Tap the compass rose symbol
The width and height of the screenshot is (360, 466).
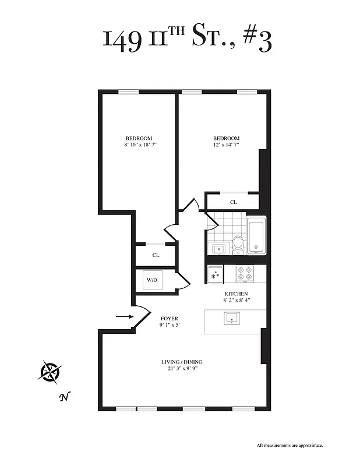pos(50,371)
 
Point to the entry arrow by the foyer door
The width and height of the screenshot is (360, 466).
pos(123,317)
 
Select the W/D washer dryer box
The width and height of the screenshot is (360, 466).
pos(152,280)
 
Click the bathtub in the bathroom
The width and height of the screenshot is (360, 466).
pos(256,236)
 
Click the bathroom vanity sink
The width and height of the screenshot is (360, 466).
pos(218,249)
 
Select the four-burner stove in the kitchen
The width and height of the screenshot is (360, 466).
pos(244,274)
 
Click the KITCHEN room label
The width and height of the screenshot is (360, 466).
pos(237,294)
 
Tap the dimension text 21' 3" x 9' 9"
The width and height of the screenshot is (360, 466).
pos(182,369)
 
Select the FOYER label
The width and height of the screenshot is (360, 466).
pos(169,319)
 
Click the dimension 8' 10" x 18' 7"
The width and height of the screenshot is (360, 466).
pos(140,144)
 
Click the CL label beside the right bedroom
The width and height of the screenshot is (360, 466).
pos(234,202)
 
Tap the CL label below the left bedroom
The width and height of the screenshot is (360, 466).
pos(156,255)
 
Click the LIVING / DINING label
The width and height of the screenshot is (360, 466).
pos(182,362)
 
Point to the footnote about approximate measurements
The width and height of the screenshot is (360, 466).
pos(290,446)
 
